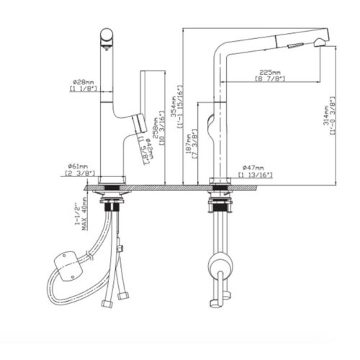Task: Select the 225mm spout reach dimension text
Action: click(270, 72)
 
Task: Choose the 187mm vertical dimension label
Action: click(187, 145)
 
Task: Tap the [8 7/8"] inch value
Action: click(270, 79)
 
